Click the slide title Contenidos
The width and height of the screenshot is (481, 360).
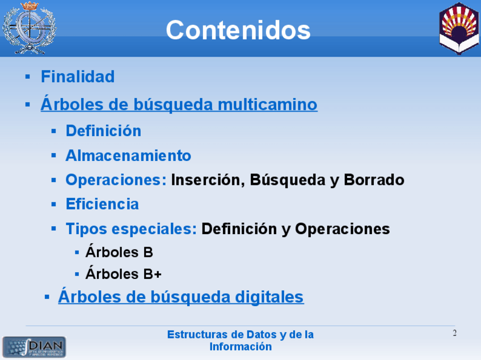pyautogui.click(x=238, y=29)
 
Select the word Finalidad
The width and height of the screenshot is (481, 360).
pyautogui.click(x=78, y=77)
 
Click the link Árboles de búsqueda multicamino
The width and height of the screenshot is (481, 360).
pyautogui.click(x=179, y=104)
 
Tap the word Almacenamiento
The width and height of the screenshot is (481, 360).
pyautogui.click(x=128, y=155)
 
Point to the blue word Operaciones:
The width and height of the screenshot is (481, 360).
pyautogui.click(x=116, y=180)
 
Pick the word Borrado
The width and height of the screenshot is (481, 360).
pyautogui.click(x=374, y=180)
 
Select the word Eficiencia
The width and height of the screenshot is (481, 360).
pyautogui.click(x=102, y=204)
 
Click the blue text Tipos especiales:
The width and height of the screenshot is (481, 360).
pyautogui.click(x=131, y=229)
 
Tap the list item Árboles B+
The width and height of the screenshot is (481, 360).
pyautogui.click(x=123, y=273)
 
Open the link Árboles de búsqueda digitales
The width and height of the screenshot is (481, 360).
pyautogui.click(x=181, y=296)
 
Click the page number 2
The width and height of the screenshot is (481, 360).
pyautogui.click(x=454, y=333)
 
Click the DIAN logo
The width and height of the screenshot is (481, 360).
pyautogui.click(x=34, y=347)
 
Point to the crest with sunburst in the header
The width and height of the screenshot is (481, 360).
pyautogui.click(x=459, y=28)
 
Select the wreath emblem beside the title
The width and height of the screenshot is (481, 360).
pyautogui.click(x=29, y=28)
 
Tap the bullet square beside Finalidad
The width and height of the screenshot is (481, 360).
pyautogui.click(x=28, y=77)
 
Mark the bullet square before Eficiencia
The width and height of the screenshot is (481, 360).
pyautogui.click(x=54, y=204)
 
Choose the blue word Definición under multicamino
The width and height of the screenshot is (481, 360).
pyautogui.click(x=103, y=130)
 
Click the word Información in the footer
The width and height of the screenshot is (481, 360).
pyautogui.click(x=241, y=346)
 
